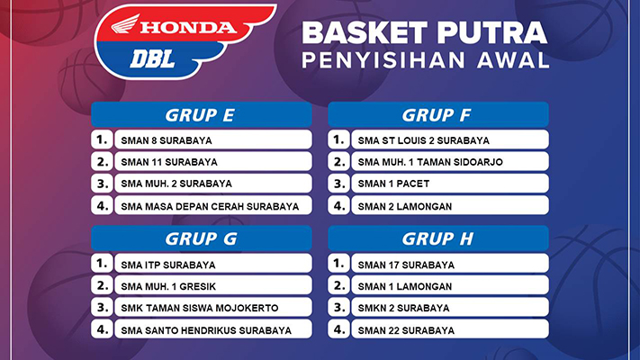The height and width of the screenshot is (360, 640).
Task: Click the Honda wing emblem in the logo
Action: [125, 24]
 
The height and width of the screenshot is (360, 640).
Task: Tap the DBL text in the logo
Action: [152, 59]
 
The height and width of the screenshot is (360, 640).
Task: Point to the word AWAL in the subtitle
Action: [513, 60]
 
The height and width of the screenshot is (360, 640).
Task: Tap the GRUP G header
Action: [202, 238]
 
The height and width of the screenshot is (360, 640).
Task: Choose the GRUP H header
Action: [438, 238]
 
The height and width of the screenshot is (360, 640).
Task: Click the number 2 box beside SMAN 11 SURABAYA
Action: [102, 161]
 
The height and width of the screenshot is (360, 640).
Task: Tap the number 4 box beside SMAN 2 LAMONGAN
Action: [338, 205]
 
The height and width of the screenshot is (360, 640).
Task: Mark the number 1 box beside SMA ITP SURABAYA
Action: [102, 264]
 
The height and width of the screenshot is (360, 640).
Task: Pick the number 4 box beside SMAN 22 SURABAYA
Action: [338, 329]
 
